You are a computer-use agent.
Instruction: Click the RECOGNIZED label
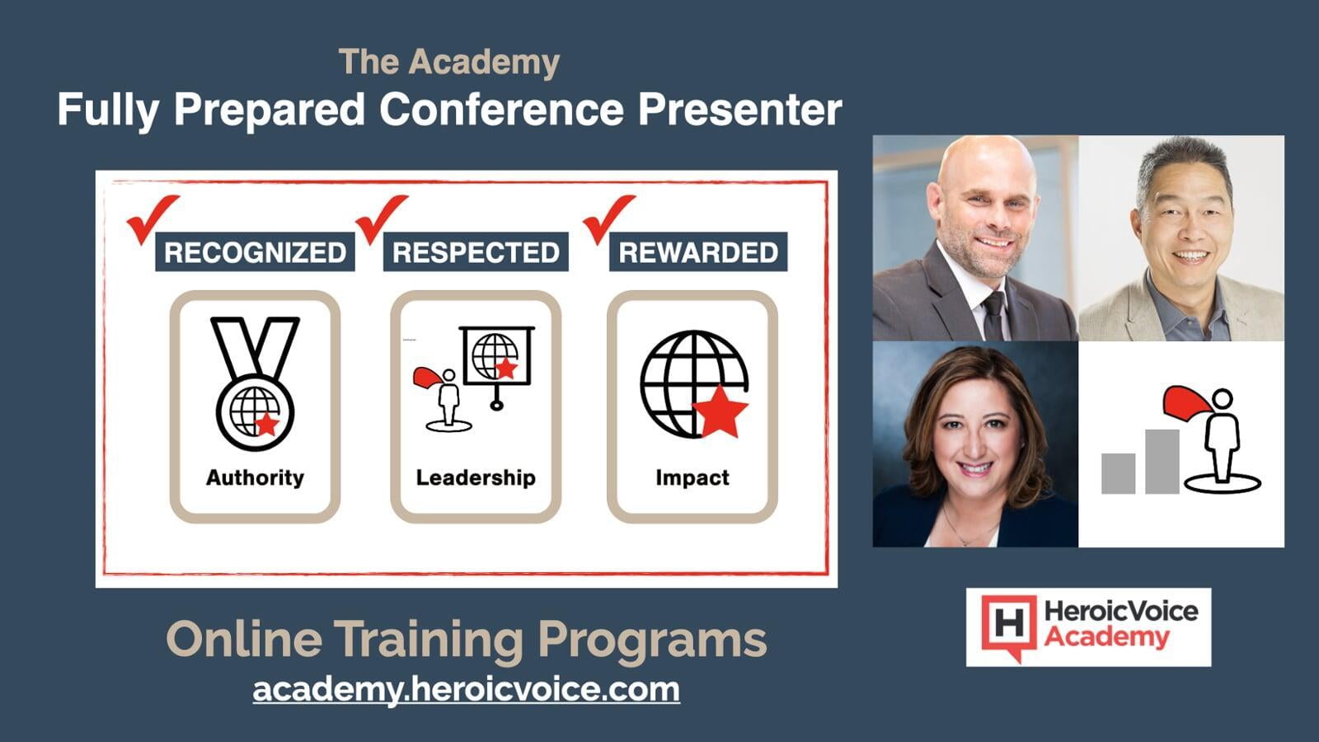coord(255,252)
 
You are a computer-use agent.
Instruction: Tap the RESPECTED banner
coord(476,252)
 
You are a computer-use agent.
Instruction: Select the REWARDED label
coord(698,252)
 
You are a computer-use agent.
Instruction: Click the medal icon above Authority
coord(255,383)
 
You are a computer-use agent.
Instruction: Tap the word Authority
coord(255,477)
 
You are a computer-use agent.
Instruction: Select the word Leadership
coord(476,477)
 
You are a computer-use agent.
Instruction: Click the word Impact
coord(692,477)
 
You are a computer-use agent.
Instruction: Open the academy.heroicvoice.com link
coord(467,689)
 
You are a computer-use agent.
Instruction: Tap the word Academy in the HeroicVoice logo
coord(1106,637)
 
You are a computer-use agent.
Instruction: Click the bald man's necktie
coord(993,315)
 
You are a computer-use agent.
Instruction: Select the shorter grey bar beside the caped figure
coord(1118,473)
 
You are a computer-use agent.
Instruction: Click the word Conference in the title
coord(501,110)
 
